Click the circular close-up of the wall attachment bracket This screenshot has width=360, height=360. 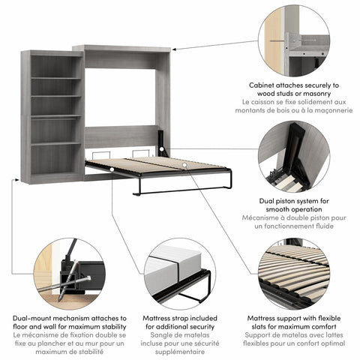pos(293,40)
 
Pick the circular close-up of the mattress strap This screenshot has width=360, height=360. pos(177,274)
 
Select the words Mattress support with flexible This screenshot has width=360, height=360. pos(293,318)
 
